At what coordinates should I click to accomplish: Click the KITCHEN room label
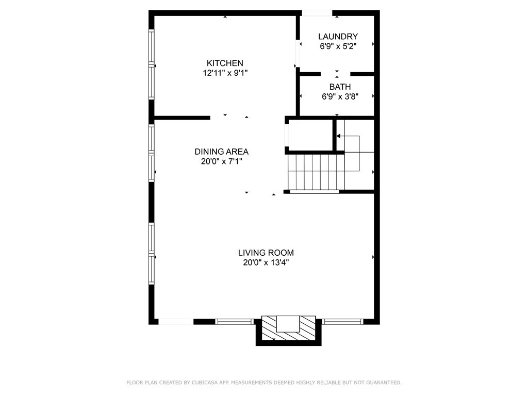point(225,63)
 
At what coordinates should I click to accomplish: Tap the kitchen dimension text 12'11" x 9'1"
point(225,73)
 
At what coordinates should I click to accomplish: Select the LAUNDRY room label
point(338,37)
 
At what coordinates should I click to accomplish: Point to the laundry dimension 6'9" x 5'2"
point(338,46)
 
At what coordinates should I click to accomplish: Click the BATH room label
point(340,87)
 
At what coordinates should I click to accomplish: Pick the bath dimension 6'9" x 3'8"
point(340,96)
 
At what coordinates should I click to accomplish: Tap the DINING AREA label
point(222,152)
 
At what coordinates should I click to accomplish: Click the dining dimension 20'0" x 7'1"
point(222,161)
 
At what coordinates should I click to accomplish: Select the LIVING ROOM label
point(266,253)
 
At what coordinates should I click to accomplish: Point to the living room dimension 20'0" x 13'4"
point(266,262)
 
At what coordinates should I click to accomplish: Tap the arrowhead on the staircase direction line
point(338,136)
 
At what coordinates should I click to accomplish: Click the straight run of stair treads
point(316,172)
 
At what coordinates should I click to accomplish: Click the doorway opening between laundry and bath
point(335,74)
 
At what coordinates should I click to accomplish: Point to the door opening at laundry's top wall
point(317,13)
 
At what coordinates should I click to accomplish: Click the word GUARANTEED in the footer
point(383,383)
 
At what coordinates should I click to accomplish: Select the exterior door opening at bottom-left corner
point(176,322)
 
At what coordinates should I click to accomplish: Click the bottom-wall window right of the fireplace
point(343,322)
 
